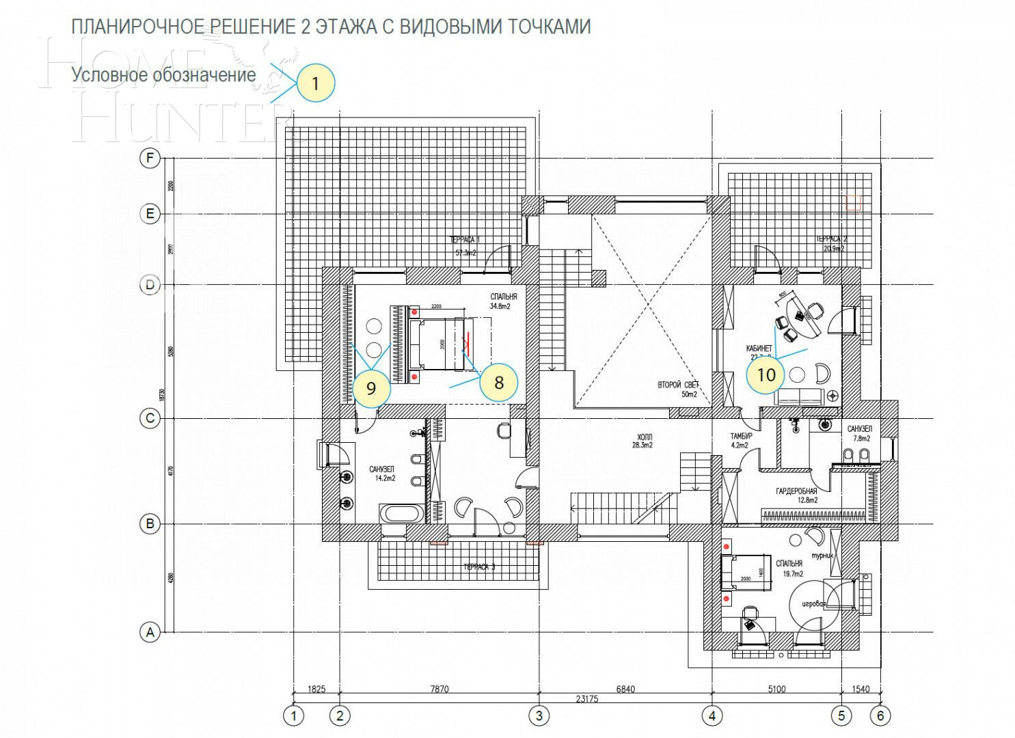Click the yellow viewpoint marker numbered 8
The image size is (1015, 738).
pos(498,382)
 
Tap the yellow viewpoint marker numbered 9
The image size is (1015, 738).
pos(371,388)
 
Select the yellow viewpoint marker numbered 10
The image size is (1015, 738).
pos(766,374)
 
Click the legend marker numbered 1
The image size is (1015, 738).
pos(315,83)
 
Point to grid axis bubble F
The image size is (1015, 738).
pos(150,159)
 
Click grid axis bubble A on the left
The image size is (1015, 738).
pos(150,632)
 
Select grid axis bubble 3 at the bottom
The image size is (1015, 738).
pos(539,715)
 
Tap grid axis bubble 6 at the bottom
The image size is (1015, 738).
pos(880,715)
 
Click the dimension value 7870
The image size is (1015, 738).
pos(439,689)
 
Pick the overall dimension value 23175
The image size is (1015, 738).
pos(587,698)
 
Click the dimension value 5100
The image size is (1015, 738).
pos(776,689)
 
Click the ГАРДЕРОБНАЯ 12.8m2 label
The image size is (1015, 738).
pos(796,495)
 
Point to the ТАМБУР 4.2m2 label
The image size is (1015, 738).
pos(741,440)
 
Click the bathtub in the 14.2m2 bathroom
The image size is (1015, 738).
pos(402,513)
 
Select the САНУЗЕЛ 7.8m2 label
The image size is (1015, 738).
pos(859,433)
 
